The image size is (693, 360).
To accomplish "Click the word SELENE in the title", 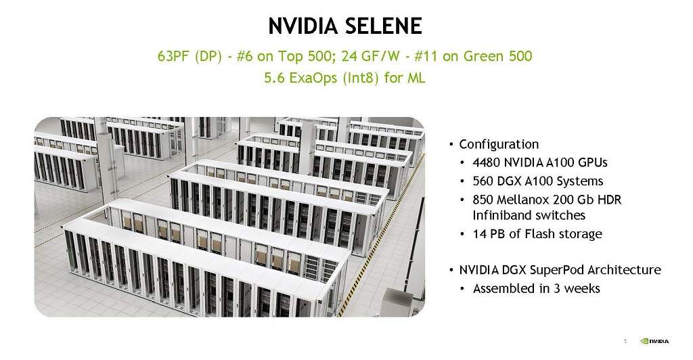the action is pyautogui.click(x=384, y=26).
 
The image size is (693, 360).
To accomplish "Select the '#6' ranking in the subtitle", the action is pyautogui.click(x=244, y=56).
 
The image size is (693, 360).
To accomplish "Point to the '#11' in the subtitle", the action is pyautogui.click(x=426, y=56).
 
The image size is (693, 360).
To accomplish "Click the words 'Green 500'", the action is pyautogui.click(x=497, y=56).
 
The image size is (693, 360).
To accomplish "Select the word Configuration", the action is pyautogui.click(x=499, y=144).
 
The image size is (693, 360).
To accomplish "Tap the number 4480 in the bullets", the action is pyautogui.click(x=486, y=162).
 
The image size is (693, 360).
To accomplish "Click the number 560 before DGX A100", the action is pyautogui.click(x=483, y=181).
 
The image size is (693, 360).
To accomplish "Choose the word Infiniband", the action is pyautogui.click(x=499, y=215).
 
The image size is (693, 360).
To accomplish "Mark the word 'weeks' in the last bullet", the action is pyautogui.click(x=582, y=288).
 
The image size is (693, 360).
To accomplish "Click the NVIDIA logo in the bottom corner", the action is pyautogui.click(x=654, y=341).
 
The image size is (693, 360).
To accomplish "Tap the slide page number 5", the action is pyautogui.click(x=625, y=341).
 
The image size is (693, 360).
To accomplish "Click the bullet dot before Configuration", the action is pyautogui.click(x=451, y=144).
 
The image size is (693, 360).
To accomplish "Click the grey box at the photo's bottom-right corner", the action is pyautogui.click(x=397, y=302).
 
